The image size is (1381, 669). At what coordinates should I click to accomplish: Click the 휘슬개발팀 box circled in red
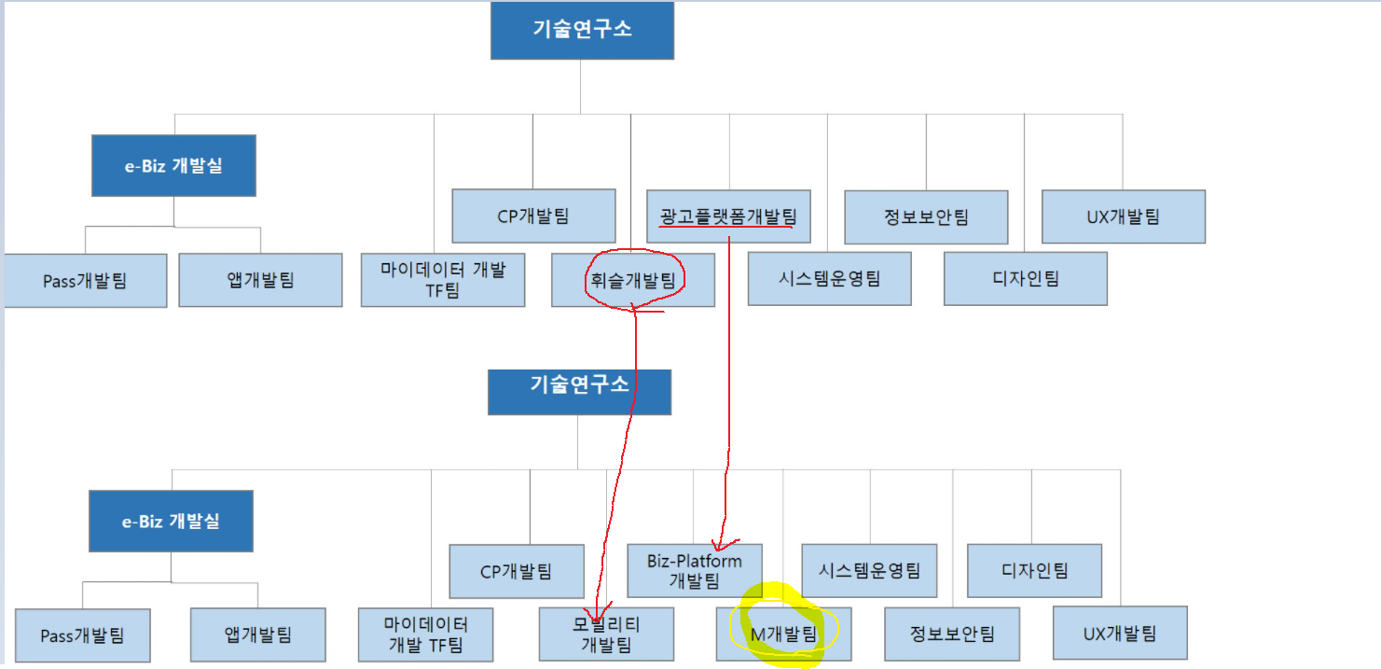tap(633, 279)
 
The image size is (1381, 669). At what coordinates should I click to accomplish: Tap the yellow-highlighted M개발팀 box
tap(783, 634)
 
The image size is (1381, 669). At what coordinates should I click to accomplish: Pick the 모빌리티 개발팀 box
tap(606, 634)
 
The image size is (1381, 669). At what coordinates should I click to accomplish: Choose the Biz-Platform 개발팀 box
tap(695, 570)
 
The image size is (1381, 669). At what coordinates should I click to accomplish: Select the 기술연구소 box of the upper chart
tap(582, 29)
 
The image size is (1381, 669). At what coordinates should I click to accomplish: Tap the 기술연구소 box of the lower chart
tap(579, 385)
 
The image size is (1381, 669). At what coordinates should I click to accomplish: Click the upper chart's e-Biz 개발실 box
tap(173, 165)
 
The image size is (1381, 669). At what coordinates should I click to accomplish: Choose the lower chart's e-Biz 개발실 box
tap(171, 521)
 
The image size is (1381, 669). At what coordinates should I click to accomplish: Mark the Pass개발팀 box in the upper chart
tap(85, 280)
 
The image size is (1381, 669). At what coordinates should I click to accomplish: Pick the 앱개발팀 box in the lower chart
tap(258, 634)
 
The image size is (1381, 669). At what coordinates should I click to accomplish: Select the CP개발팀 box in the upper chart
tap(533, 216)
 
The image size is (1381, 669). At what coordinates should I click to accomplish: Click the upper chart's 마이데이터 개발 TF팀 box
tap(443, 279)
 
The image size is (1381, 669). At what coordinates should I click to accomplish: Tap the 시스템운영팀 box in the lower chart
tap(869, 570)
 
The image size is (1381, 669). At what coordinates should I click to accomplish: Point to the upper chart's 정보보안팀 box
tap(926, 217)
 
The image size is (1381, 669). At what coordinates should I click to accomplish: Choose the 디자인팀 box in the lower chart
tap(1035, 570)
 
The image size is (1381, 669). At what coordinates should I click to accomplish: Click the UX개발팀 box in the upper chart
tap(1123, 216)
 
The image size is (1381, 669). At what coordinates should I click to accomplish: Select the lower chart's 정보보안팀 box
tap(952, 634)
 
